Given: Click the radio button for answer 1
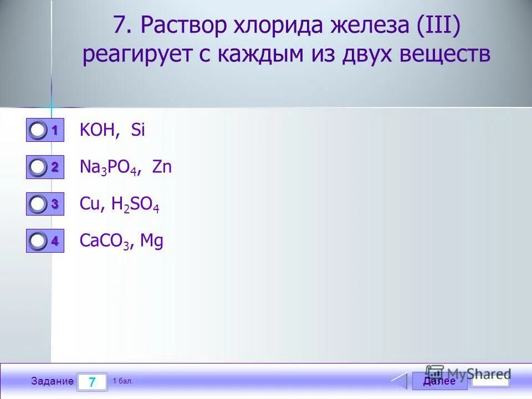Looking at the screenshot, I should tap(38, 131).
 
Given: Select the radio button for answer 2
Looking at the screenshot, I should tap(38, 167).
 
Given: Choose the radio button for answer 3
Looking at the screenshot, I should tap(38, 204).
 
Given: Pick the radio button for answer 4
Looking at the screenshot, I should tap(38, 241).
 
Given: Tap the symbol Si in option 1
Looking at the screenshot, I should tap(137, 131).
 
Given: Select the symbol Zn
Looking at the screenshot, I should tap(162, 167).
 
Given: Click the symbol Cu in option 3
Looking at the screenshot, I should tap(89, 204).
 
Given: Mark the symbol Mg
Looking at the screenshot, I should tap(152, 242).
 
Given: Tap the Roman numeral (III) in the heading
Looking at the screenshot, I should tap(437, 26).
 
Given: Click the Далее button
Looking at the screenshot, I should tap(439, 381).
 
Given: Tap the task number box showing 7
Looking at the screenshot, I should tap(92, 382).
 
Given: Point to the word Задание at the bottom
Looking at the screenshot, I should tap(52, 381).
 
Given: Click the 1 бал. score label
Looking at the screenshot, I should tap(123, 381).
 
